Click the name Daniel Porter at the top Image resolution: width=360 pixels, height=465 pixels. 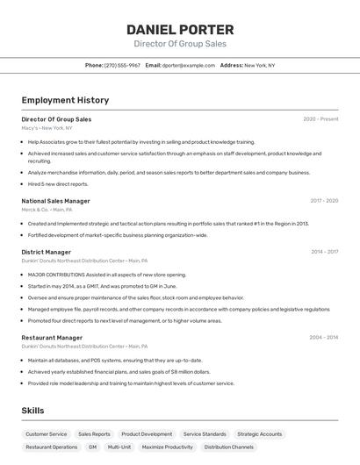179,29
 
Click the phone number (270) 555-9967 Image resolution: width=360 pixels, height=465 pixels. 122,65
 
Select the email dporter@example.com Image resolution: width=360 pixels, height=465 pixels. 189,65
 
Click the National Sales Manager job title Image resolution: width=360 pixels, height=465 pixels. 55,201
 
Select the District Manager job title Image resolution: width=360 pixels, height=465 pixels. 47,252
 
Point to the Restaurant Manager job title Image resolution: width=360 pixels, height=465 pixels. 52,337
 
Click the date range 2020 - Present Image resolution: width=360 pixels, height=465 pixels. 320,119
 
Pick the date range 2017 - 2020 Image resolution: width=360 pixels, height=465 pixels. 324,201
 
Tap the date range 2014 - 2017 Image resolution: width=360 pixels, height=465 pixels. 324,252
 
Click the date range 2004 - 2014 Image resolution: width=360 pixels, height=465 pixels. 324,337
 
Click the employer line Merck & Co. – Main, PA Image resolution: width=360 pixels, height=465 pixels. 47,210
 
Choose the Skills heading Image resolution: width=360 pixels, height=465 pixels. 32,411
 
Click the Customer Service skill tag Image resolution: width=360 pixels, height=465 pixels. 46,433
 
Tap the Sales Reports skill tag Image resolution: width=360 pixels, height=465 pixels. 94,433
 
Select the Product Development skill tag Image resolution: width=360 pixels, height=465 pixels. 147,433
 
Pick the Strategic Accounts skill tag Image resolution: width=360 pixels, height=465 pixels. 260,433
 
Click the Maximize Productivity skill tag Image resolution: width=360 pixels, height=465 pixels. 167,447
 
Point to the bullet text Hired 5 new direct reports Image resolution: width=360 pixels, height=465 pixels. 58,184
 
